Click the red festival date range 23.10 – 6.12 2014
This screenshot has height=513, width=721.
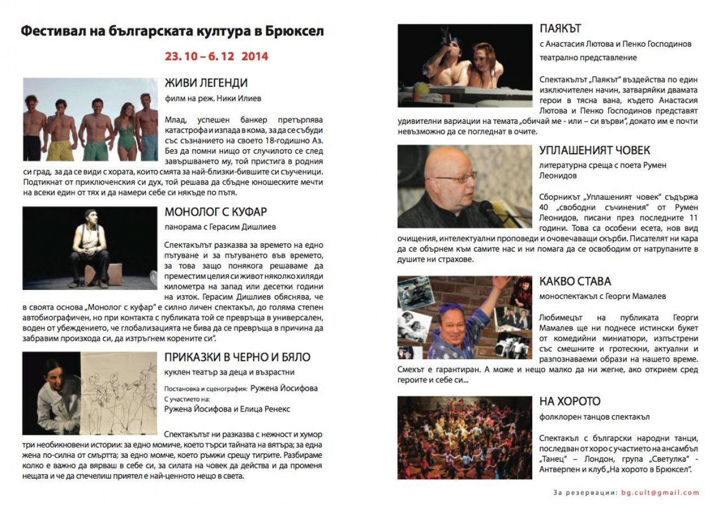216,57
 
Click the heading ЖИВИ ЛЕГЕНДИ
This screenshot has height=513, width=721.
206,83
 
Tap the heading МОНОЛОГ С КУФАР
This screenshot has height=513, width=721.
216,212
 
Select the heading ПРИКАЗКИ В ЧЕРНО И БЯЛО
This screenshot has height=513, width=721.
237,358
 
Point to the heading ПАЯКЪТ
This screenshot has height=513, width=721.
560,28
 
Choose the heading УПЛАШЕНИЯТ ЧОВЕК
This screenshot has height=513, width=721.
594,150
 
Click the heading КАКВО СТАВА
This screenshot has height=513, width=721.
575,281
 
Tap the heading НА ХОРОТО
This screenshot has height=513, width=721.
569,402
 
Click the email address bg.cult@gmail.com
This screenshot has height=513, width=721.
660,493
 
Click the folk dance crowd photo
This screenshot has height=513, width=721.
464,438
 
